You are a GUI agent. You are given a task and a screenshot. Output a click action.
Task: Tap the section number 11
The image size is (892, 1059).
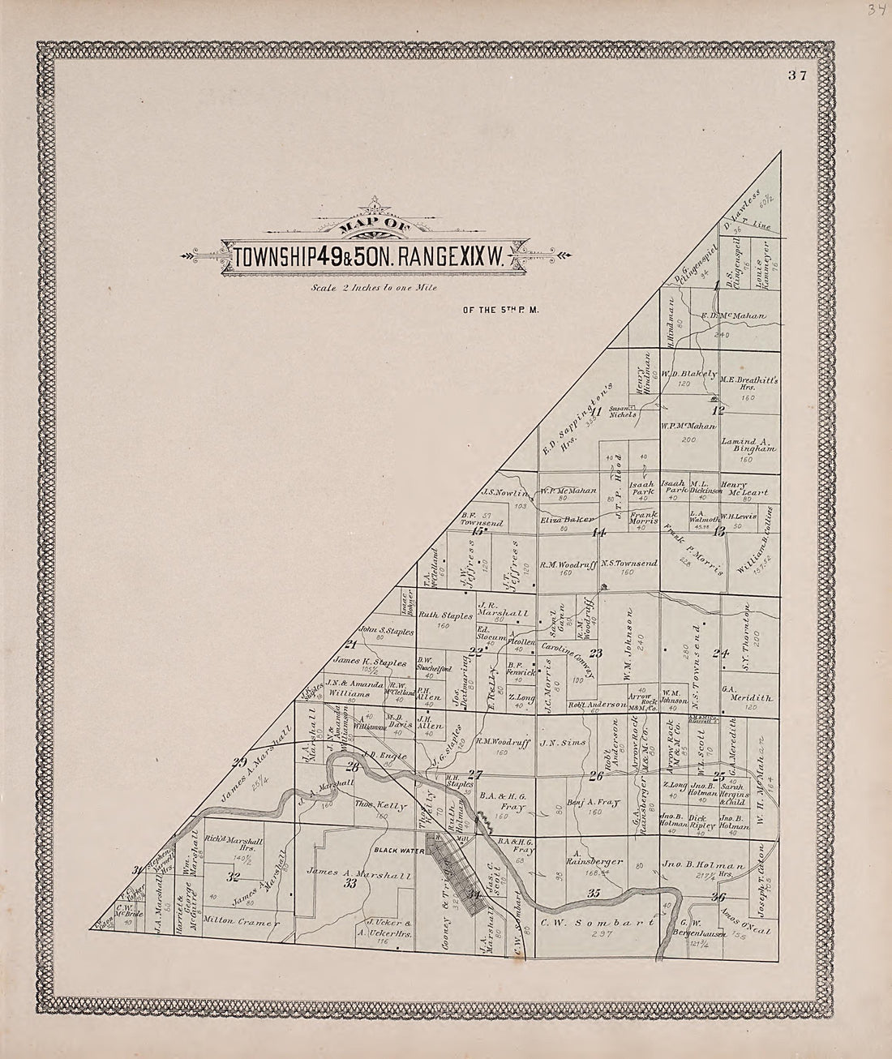coord(618,416)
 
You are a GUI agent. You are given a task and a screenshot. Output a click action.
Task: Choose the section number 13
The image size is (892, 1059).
coord(718,532)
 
